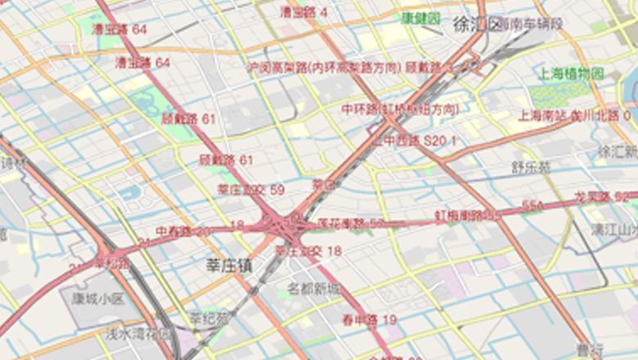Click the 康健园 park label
[421, 18]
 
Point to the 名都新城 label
[313, 289]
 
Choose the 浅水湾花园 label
[139, 334]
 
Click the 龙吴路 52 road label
[601, 196]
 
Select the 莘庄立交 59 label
[250, 190]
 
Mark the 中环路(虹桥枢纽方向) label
[401, 109]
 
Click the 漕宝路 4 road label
[303, 12]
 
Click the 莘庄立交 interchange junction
[283, 223]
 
